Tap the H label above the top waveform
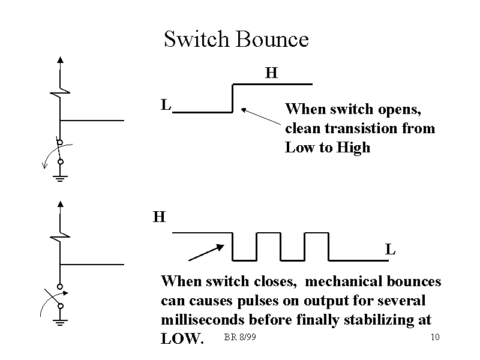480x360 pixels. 271,73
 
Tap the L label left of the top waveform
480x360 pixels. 166,105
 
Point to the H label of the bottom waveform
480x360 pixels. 159,217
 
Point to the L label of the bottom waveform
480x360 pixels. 390,249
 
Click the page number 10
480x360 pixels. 436,337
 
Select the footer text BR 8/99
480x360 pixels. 240,337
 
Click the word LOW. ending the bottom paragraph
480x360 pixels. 182,339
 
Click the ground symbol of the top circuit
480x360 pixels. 61,177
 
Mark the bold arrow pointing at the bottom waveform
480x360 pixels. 206,252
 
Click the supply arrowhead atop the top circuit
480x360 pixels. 61,59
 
